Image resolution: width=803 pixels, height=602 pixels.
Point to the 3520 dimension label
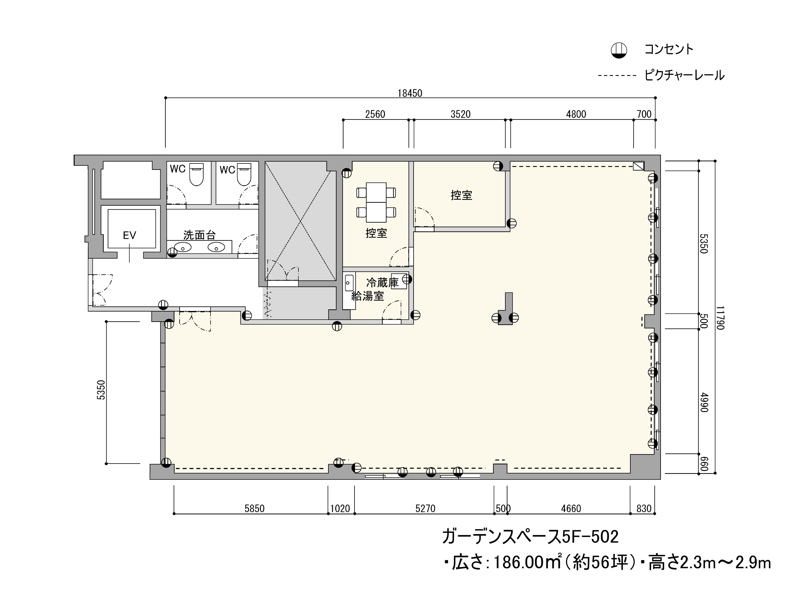click(460, 114)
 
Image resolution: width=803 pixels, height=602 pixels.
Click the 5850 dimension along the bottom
click(254, 508)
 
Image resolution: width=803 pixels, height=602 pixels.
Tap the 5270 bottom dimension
click(425, 508)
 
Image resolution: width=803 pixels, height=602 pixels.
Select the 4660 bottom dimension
click(571, 508)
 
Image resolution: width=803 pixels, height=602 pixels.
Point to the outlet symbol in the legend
click(619, 51)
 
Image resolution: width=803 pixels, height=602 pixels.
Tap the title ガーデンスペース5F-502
click(530, 537)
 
